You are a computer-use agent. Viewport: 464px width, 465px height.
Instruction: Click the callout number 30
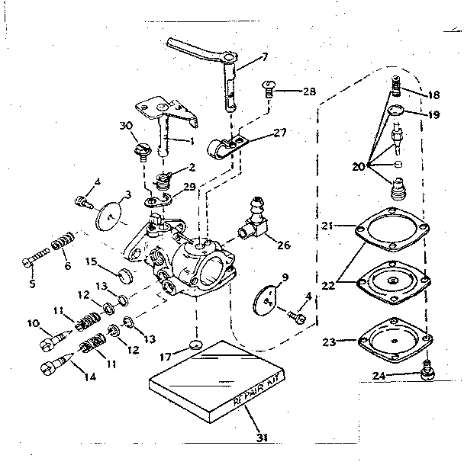[126, 125]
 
